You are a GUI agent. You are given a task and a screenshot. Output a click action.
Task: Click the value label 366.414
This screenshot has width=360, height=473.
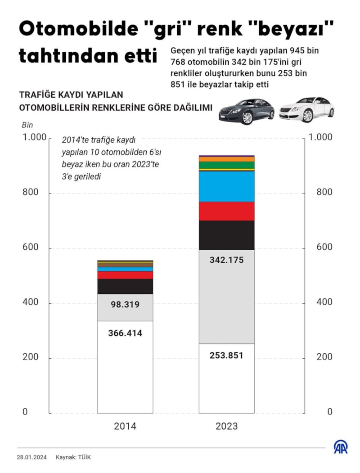125,333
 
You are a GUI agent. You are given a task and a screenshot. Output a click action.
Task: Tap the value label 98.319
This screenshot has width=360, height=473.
125,305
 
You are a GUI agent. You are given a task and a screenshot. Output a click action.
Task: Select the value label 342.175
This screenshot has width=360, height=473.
226,260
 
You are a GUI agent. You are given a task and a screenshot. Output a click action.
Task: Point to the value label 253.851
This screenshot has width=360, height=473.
226,356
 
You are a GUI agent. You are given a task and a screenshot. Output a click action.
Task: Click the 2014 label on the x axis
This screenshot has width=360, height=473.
125,426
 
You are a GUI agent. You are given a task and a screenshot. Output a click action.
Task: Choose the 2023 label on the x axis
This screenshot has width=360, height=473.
226,426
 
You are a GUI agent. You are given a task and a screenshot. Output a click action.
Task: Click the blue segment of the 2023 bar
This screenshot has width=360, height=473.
226,186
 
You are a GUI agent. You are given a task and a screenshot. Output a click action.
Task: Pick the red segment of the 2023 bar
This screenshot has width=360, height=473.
226,211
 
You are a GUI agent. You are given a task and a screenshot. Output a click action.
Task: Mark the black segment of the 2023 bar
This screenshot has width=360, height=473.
226,235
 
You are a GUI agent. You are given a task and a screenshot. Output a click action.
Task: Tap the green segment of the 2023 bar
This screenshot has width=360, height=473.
226,165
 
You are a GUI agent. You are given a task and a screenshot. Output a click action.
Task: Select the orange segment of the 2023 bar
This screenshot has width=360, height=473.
226,159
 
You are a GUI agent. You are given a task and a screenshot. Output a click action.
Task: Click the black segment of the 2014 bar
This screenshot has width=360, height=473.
125,286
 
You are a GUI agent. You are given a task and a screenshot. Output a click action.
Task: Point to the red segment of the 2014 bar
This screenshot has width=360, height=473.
125,275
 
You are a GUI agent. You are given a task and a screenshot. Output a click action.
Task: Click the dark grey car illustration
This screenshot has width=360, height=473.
246,111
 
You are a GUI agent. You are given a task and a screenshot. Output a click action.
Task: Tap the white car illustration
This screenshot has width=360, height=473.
306,109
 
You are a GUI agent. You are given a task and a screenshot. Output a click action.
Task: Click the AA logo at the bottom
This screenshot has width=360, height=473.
341,447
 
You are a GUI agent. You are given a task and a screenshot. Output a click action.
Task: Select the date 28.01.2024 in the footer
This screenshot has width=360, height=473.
33,457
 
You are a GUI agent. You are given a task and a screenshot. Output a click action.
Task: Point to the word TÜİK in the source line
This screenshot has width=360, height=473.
84,457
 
